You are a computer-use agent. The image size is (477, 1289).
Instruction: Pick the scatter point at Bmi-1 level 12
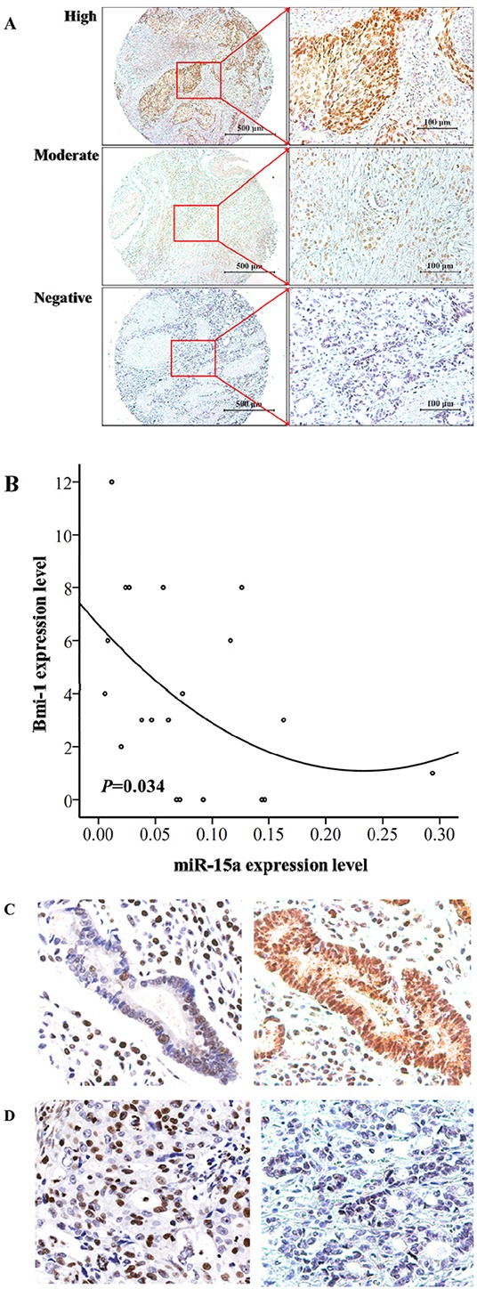(x=111, y=482)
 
